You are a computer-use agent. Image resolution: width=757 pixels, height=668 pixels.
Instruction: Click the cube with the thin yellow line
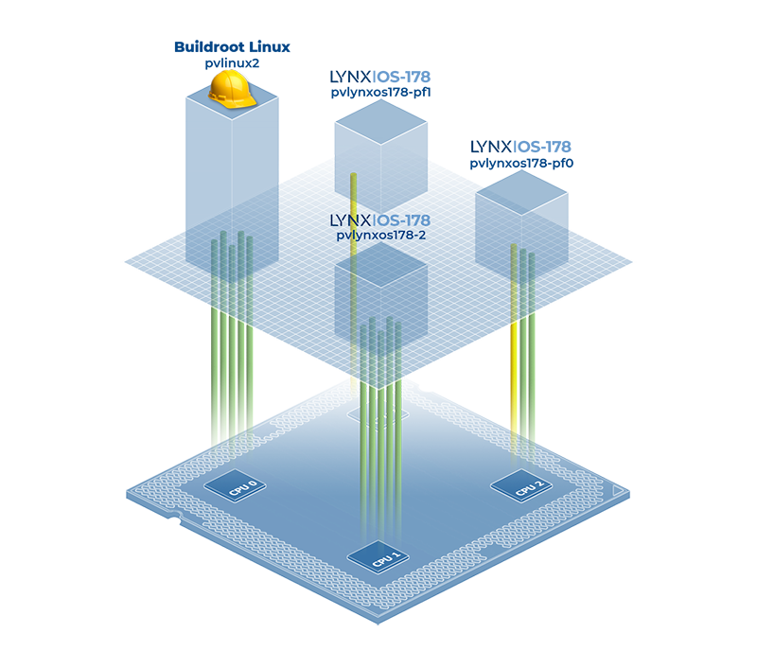click(381, 142)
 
